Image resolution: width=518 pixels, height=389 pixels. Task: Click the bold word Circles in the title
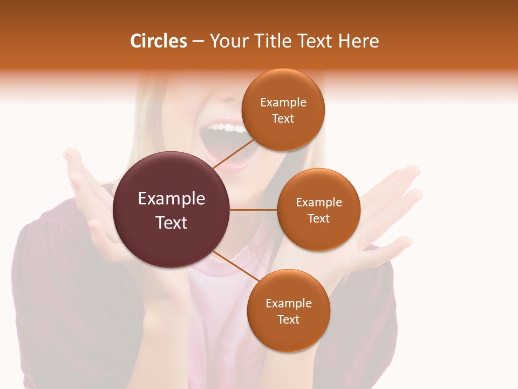coord(158,41)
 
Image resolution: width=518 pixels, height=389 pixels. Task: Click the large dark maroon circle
coord(172,210)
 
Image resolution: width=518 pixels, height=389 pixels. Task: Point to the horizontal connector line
coord(253,210)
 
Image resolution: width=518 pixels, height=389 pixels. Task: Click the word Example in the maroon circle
coord(172,198)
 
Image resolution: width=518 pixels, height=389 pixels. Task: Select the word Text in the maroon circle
coord(172,222)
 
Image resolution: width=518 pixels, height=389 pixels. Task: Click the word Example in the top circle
coord(283,102)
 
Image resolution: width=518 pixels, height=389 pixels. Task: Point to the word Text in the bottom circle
coord(288,319)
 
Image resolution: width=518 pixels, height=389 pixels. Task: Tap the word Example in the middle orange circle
coord(319,202)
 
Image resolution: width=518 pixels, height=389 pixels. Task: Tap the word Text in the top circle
coord(283,118)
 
